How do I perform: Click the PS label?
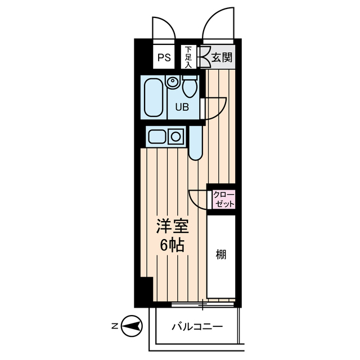click(x=164, y=57)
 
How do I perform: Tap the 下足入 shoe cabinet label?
click(x=188, y=57)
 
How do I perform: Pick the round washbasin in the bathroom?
click(x=172, y=83)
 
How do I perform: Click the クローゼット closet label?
click(x=223, y=199)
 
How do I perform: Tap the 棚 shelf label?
click(x=221, y=255)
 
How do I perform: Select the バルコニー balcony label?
click(x=197, y=327)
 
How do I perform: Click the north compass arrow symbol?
click(x=133, y=326)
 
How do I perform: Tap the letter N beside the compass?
click(x=114, y=326)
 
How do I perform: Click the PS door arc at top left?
click(x=164, y=28)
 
